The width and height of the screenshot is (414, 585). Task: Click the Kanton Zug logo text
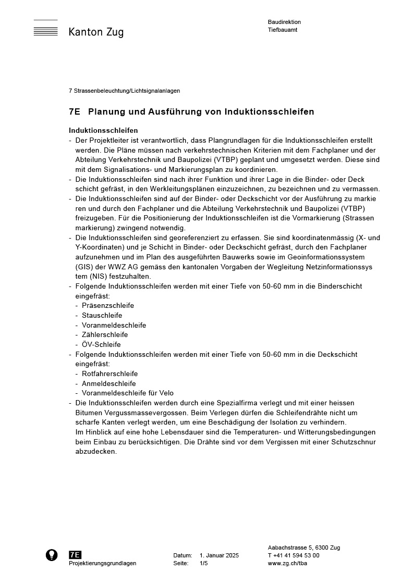coord(96,32)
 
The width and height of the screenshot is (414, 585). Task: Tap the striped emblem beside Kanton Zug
coord(45,29)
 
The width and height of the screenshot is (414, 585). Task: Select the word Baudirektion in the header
coord(284,22)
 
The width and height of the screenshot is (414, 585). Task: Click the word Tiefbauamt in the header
coord(283,30)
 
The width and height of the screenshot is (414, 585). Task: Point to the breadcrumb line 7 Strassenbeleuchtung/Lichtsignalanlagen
coord(124,91)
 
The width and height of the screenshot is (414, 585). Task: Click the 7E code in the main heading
coord(74,112)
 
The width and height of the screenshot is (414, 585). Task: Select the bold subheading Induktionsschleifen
coord(103,130)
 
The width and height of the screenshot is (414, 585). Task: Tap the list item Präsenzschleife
coord(108,306)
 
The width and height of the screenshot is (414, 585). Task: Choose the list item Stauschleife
coord(102,316)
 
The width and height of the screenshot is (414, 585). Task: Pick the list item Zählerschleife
coord(105,335)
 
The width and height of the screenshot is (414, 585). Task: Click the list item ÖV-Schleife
coord(101,345)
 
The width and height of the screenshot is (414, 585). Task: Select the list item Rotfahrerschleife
coord(110,374)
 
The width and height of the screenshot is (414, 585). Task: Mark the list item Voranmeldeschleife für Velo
coord(128,393)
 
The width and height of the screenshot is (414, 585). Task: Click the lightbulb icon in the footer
coord(52,555)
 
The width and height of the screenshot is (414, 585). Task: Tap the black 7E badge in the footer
coord(75,555)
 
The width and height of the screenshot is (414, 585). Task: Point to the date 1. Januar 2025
coord(219,556)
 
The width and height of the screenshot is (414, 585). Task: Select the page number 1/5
coord(204,564)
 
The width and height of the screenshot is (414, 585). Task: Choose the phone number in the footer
coord(294,556)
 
